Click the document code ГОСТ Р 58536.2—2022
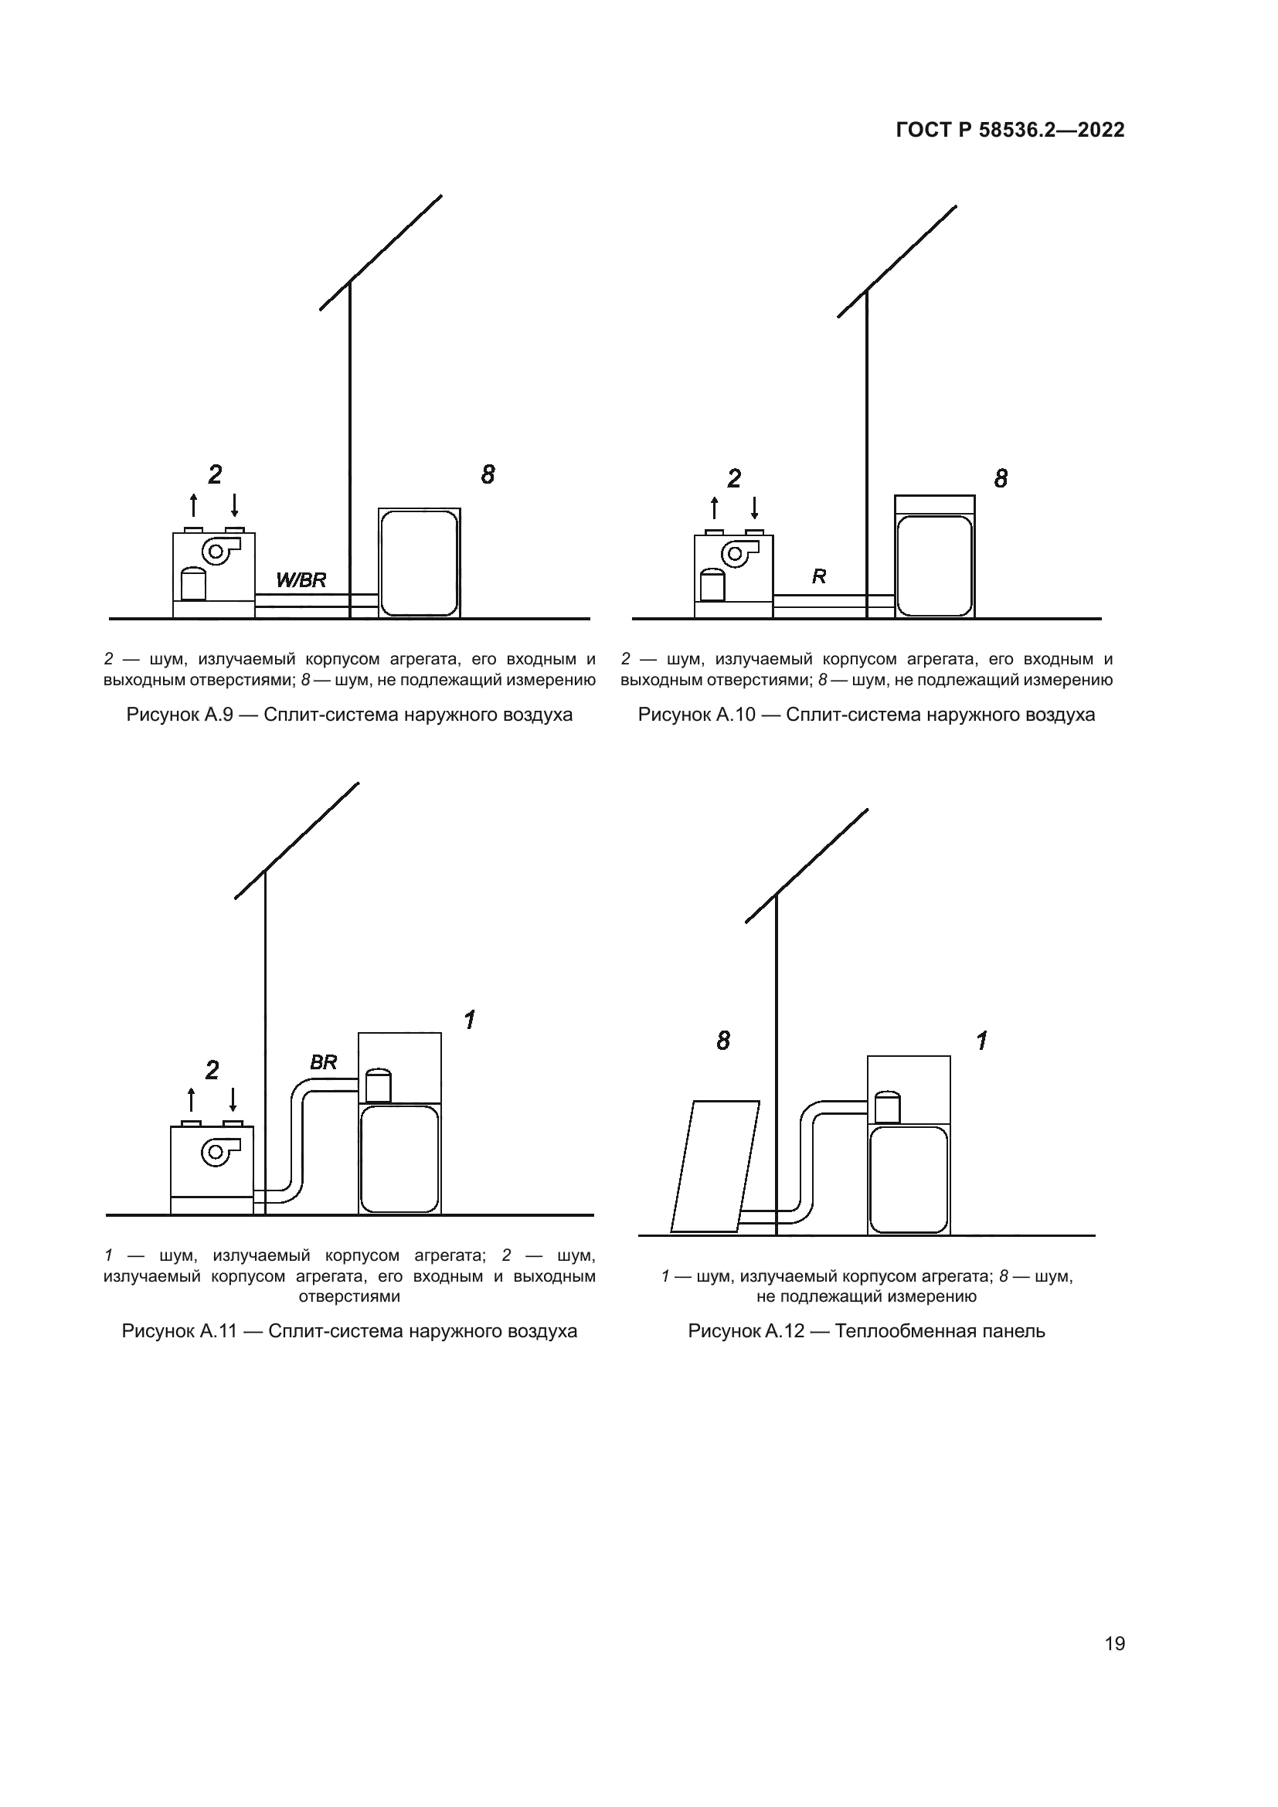(x=1010, y=131)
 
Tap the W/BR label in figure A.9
(x=301, y=581)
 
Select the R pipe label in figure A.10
(x=818, y=577)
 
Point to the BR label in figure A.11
(x=323, y=1063)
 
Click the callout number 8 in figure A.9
(x=488, y=474)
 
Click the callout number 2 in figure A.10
(x=733, y=478)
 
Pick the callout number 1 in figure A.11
(x=469, y=1021)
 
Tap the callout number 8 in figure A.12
(x=723, y=1041)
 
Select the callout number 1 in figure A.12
(x=981, y=1041)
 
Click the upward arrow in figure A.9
(x=194, y=504)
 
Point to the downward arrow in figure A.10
(x=754, y=508)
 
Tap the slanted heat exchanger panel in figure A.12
(x=715, y=1166)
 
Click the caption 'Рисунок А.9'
(x=179, y=715)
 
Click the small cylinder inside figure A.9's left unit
(x=193, y=583)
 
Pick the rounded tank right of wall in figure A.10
(x=934, y=565)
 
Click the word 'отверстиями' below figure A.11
(x=349, y=1296)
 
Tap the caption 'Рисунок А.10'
(x=696, y=715)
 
